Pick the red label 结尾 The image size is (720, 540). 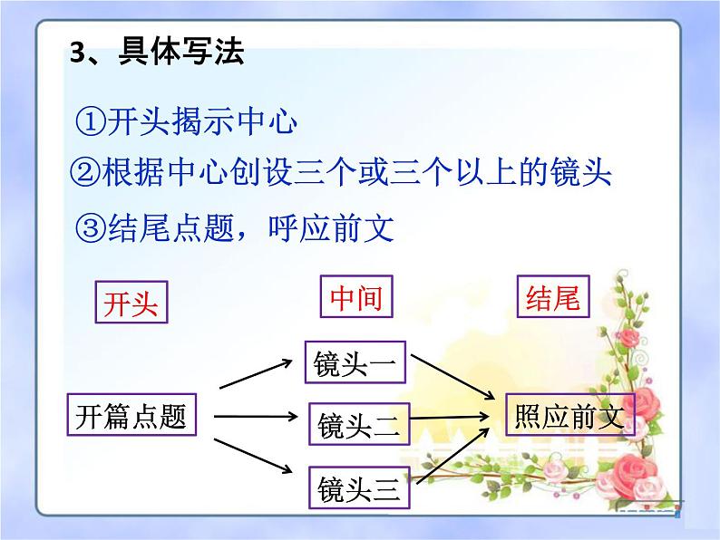coord(553,297)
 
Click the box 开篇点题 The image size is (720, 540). coord(131,416)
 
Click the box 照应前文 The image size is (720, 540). coord(569,416)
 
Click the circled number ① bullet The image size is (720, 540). coord(91,121)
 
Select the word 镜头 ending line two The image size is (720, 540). coord(582,172)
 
